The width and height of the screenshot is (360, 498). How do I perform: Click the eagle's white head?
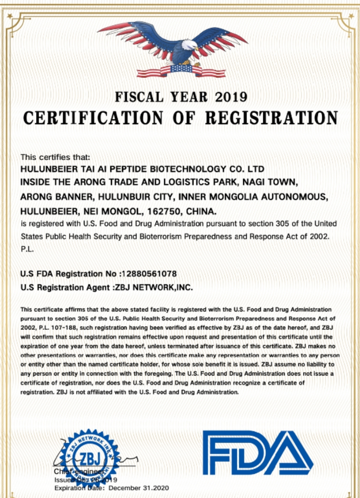(191, 46)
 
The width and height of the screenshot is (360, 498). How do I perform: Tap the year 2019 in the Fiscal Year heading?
(231, 97)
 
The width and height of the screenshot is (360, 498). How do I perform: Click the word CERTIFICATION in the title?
(93, 118)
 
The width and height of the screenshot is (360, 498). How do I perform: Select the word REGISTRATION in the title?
(272, 118)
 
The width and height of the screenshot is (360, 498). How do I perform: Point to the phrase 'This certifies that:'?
(55, 157)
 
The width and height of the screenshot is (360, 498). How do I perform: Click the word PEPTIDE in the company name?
(129, 169)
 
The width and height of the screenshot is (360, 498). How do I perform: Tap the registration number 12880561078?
(149, 274)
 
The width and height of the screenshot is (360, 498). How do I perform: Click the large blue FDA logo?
(258, 453)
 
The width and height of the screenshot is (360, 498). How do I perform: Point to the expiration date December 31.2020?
(139, 488)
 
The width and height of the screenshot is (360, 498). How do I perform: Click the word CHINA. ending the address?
(201, 211)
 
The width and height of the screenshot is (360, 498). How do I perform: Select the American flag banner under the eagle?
(181, 70)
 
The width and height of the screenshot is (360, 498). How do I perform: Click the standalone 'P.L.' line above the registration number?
(27, 249)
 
